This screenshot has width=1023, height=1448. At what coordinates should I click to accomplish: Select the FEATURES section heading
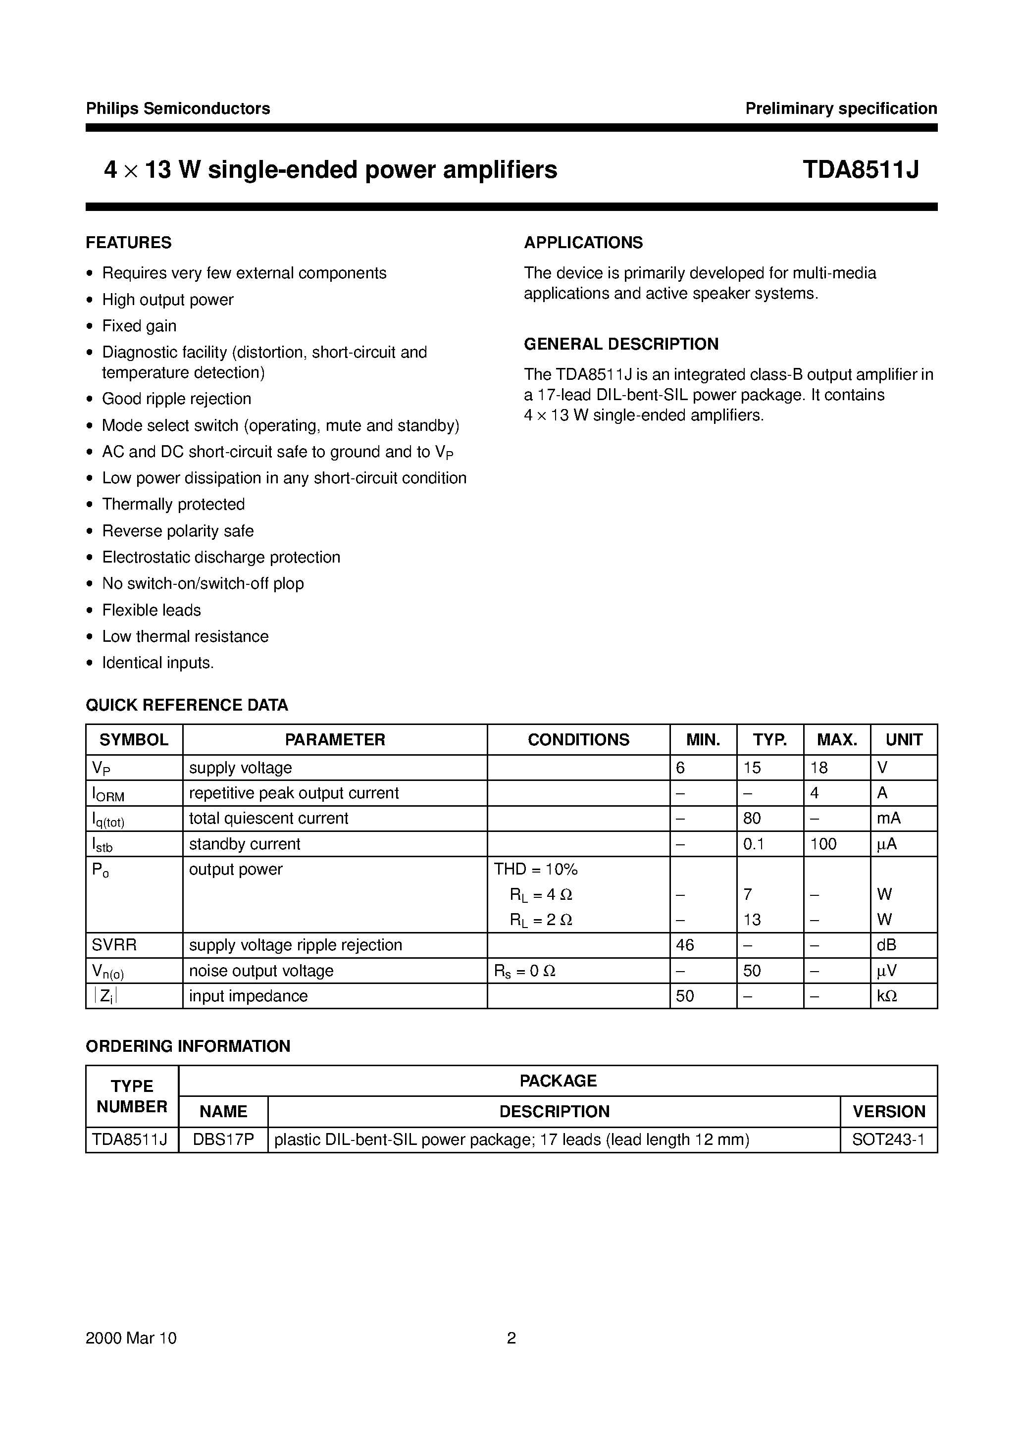click(x=129, y=243)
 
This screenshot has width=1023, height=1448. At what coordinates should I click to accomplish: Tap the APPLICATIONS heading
click(x=583, y=243)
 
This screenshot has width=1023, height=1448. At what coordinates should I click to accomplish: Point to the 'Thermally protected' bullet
click(x=173, y=505)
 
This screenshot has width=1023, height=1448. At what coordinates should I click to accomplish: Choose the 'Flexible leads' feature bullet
click(x=152, y=611)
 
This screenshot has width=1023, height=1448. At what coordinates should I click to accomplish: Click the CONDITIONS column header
click(x=578, y=740)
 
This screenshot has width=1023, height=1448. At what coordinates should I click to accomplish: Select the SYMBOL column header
click(x=134, y=740)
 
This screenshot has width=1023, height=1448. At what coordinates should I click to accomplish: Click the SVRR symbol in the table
click(x=114, y=945)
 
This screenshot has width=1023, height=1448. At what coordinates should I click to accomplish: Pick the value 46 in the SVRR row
click(x=685, y=945)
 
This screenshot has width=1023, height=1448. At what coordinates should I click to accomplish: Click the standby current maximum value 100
click(x=823, y=844)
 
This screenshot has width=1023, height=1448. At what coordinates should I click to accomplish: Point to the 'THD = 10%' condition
click(x=535, y=870)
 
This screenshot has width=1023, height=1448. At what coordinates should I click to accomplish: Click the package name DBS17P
click(x=223, y=1140)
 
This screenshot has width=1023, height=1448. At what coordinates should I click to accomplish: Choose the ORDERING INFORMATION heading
click(x=188, y=1046)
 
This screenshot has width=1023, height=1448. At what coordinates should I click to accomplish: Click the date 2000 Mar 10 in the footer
click(x=131, y=1338)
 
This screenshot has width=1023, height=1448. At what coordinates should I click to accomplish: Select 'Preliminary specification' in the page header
click(x=841, y=108)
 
